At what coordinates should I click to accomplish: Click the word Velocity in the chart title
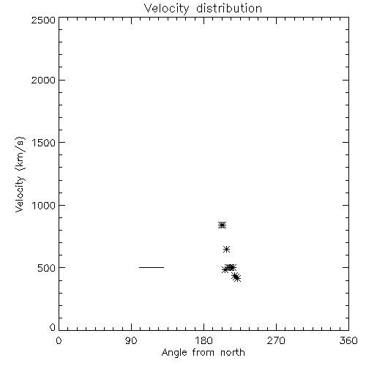(x=166, y=9)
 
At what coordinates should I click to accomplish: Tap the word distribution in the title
(x=229, y=8)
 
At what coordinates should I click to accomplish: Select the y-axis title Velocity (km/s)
(x=20, y=174)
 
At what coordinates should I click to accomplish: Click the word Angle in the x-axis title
(x=174, y=353)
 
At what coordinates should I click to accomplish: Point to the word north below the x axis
(x=233, y=353)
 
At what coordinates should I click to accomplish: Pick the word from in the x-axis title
(x=203, y=353)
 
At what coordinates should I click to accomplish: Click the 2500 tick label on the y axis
(x=43, y=20)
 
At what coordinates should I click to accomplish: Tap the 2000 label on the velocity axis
(x=43, y=80)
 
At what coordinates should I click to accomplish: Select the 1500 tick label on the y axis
(x=44, y=143)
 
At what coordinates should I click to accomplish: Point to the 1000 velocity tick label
(x=44, y=205)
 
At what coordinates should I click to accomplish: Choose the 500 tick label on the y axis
(x=47, y=268)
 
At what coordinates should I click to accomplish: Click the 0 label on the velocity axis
(x=53, y=327)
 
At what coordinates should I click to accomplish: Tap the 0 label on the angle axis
(x=59, y=340)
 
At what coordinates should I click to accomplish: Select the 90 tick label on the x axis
(x=131, y=340)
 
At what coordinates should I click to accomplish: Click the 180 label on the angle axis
(x=203, y=340)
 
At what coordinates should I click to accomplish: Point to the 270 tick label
(x=276, y=340)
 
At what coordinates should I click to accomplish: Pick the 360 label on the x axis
(x=348, y=340)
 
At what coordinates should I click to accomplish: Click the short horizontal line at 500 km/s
(x=152, y=267)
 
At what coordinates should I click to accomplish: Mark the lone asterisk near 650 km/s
(x=227, y=249)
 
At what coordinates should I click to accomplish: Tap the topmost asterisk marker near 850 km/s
(x=222, y=225)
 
